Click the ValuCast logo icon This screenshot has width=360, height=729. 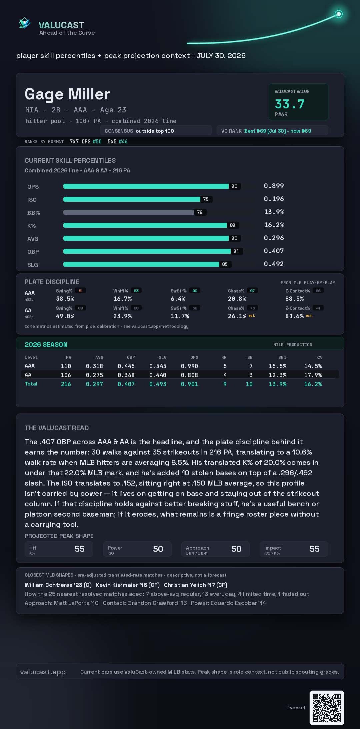click(x=24, y=23)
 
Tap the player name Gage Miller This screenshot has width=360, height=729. click(x=67, y=94)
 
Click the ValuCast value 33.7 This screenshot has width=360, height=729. click(x=290, y=104)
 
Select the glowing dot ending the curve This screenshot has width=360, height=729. click(x=339, y=14)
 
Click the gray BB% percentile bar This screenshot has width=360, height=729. click(x=129, y=212)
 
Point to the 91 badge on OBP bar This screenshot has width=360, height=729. click(x=236, y=251)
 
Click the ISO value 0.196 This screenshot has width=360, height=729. click(x=274, y=199)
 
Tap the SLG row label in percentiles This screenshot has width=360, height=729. click(x=33, y=265)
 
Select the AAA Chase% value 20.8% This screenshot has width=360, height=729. click(x=237, y=299)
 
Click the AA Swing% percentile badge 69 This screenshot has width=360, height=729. click(x=80, y=308)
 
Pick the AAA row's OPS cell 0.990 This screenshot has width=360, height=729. click(x=189, y=366)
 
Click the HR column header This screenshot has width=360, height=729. click(x=224, y=357)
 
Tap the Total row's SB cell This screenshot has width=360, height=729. click(x=249, y=384)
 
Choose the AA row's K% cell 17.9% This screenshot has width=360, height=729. click(x=313, y=375)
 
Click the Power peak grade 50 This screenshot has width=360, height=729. click(x=158, y=549)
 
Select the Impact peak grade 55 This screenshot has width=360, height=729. click(x=315, y=549)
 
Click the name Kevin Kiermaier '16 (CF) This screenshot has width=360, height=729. click(x=128, y=585)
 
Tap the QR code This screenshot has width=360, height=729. click(x=327, y=708)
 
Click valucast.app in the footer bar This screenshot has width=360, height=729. click(x=43, y=672)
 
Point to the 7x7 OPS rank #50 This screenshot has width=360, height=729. click(x=97, y=141)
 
